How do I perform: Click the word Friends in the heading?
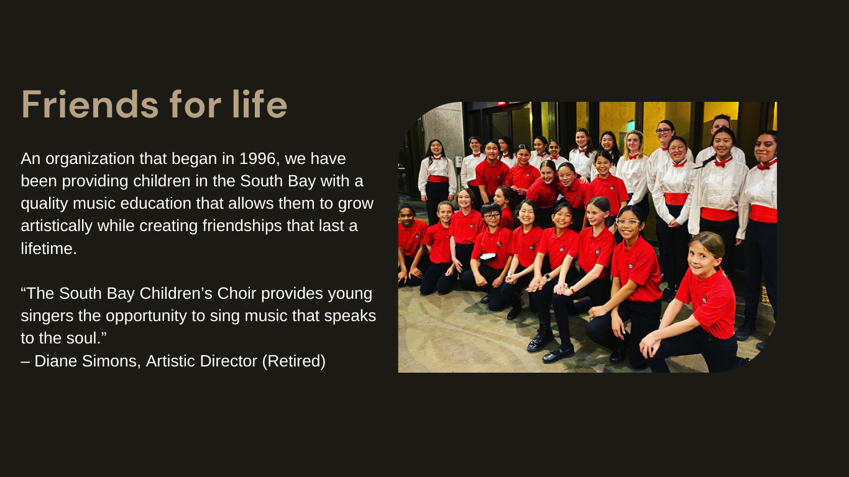click(90, 104)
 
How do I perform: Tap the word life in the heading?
click(260, 104)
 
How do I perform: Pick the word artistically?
click(57, 226)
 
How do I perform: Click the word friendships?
click(242, 226)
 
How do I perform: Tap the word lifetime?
click(49, 249)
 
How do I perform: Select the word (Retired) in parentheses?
click(294, 361)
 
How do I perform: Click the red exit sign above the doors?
click(502, 104)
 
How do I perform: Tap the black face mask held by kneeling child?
click(487, 257)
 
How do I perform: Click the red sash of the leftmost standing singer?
click(438, 179)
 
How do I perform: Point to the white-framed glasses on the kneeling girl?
click(627, 222)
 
